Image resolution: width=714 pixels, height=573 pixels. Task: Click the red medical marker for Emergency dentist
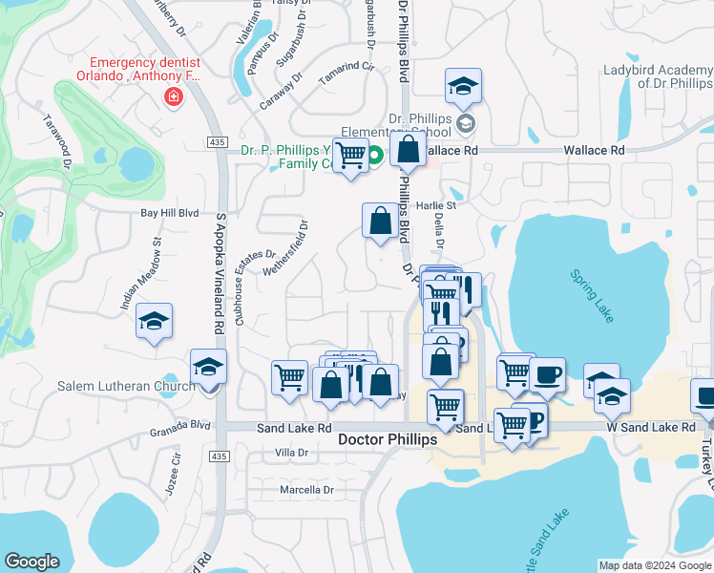(x=173, y=95)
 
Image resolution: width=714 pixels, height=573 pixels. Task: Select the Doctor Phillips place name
(x=388, y=439)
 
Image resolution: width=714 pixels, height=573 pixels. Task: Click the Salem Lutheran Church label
(x=133, y=386)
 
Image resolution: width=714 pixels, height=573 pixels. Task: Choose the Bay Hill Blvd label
(x=169, y=214)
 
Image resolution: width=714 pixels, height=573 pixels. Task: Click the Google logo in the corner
(x=32, y=562)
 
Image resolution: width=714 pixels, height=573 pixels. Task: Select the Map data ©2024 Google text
(x=654, y=565)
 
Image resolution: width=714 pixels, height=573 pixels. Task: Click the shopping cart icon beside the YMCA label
(x=351, y=155)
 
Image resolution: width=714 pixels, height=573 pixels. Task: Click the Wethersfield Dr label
(x=293, y=249)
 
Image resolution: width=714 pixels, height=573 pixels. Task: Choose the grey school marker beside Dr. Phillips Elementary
(x=465, y=122)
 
